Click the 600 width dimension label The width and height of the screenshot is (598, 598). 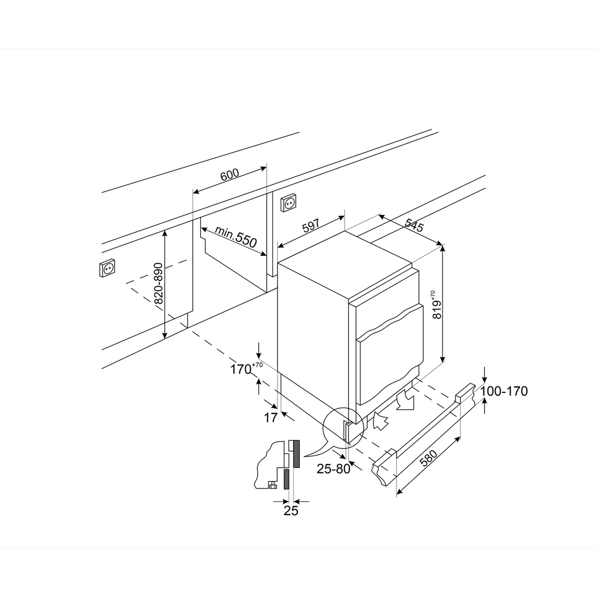[229, 175]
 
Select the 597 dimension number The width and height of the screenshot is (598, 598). [311, 226]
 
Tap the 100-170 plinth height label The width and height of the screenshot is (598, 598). [504, 391]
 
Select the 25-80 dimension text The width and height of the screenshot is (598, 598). [333, 469]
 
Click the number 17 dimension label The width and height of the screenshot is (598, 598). [271, 417]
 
